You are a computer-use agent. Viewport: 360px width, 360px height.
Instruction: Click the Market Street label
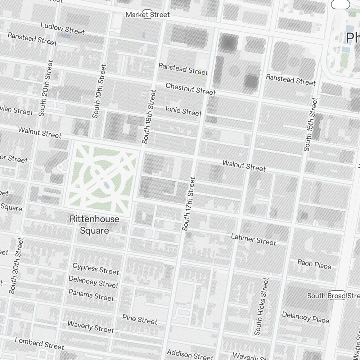[148, 15]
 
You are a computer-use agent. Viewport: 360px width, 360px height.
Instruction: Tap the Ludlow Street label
[62, 28]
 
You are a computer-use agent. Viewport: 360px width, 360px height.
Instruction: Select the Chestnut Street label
[190, 89]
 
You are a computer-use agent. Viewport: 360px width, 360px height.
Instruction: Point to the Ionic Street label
[184, 111]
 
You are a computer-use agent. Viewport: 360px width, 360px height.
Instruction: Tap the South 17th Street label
[189, 203]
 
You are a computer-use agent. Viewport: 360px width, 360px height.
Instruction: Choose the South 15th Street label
[310, 124]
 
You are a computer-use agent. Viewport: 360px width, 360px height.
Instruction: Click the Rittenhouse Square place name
[94, 225]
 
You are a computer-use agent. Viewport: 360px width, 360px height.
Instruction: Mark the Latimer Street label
[253, 239]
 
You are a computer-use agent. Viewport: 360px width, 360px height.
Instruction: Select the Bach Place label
[314, 264]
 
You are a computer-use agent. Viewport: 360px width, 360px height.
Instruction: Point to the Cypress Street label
[95, 269]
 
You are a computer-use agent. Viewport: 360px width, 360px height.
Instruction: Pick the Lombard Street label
[39, 343]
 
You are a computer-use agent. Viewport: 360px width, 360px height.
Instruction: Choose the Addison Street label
[190, 354]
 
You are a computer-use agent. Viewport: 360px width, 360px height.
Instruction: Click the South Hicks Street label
[262, 306]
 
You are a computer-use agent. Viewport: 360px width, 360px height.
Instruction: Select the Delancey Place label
[305, 317]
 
